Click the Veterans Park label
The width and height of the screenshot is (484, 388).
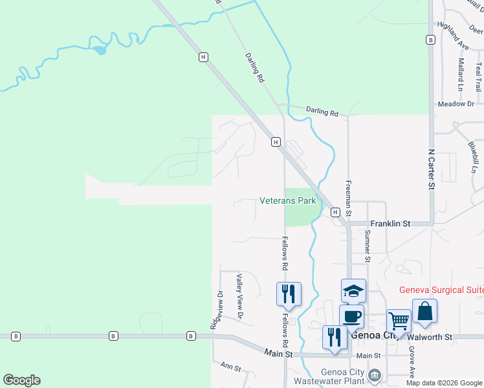point(288,200)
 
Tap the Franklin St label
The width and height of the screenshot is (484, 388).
point(390,223)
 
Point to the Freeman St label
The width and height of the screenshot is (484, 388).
point(348,198)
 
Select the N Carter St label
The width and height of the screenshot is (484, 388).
point(431,169)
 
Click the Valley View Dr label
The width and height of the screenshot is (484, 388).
point(239,296)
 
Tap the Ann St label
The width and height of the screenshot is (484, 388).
point(231,368)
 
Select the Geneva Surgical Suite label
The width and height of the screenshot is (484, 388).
point(441,290)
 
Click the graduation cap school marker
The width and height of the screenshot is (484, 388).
point(353,292)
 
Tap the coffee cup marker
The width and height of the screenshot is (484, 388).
point(351,317)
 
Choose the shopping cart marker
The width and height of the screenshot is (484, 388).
point(399,321)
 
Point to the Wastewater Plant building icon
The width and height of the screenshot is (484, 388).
point(374,375)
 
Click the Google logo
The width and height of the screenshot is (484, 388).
point(21,380)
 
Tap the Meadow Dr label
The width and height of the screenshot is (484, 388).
point(456,103)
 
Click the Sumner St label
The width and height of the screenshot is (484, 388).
point(368,245)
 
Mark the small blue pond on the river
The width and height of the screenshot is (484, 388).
point(98,50)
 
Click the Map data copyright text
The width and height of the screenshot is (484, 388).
point(444,383)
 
